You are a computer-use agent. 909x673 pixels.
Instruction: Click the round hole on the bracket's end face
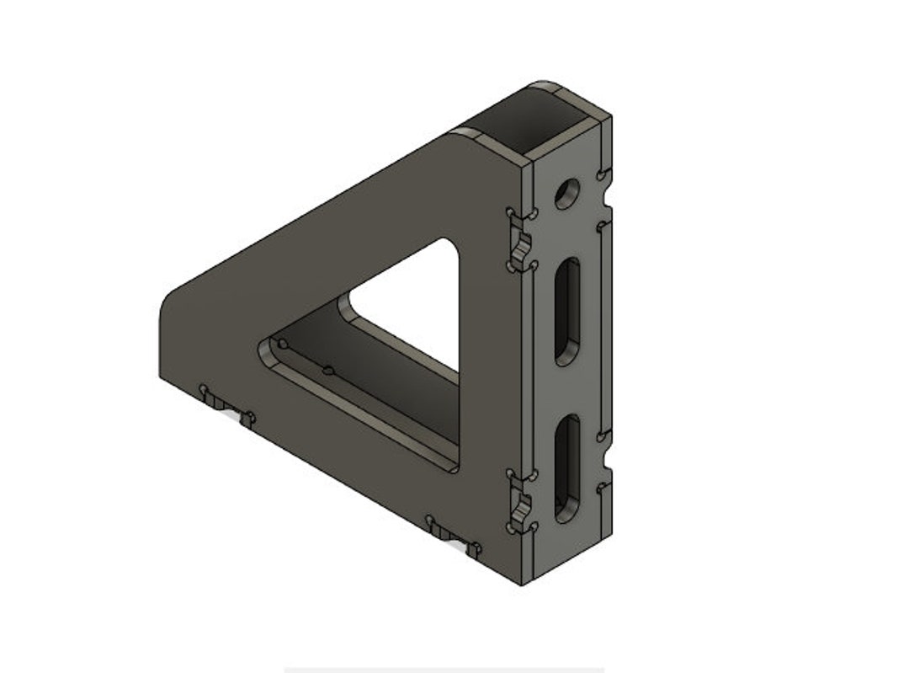pyautogui.click(x=567, y=194)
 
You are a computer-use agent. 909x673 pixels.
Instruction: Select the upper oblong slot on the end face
pyautogui.click(x=568, y=312)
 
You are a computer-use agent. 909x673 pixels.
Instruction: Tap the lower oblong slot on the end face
pyautogui.click(x=568, y=467)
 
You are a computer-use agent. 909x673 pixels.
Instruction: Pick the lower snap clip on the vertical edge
pyautogui.click(x=520, y=505)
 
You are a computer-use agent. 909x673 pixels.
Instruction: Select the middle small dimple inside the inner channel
pyautogui.click(x=329, y=371)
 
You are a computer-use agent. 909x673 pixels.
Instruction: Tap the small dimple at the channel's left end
pyautogui.click(x=283, y=345)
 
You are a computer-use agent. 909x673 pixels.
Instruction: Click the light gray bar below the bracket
pyautogui.click(x=444, y=670)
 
